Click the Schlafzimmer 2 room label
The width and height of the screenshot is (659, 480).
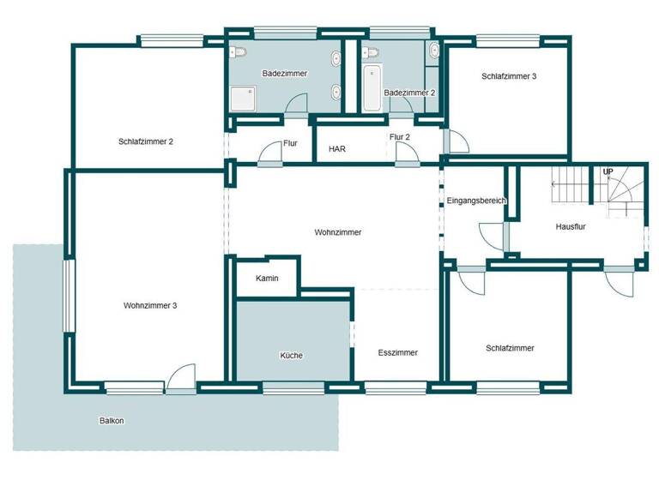coord(147,141)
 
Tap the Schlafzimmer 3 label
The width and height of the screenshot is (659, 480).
coord(509,76)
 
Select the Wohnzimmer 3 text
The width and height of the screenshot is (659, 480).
coord(150,305)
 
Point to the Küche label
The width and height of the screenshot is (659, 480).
coord(291,356)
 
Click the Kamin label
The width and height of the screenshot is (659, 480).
coord(266,279)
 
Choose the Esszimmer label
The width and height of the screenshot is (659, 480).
coord(397,352)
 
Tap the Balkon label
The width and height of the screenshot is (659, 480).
coord(112,421)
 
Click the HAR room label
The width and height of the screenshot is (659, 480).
coord(337,148)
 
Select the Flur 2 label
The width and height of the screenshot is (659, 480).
coord(399,137)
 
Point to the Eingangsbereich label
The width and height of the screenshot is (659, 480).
coord(476,201)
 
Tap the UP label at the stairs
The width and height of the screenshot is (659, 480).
coord(608,172)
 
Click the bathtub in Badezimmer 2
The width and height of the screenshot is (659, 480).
coord(372,89)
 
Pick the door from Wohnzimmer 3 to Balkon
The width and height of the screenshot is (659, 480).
coord(181,380)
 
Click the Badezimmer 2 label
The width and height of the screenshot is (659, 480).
coord(409,93)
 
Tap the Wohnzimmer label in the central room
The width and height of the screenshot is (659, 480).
coord(337,232)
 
